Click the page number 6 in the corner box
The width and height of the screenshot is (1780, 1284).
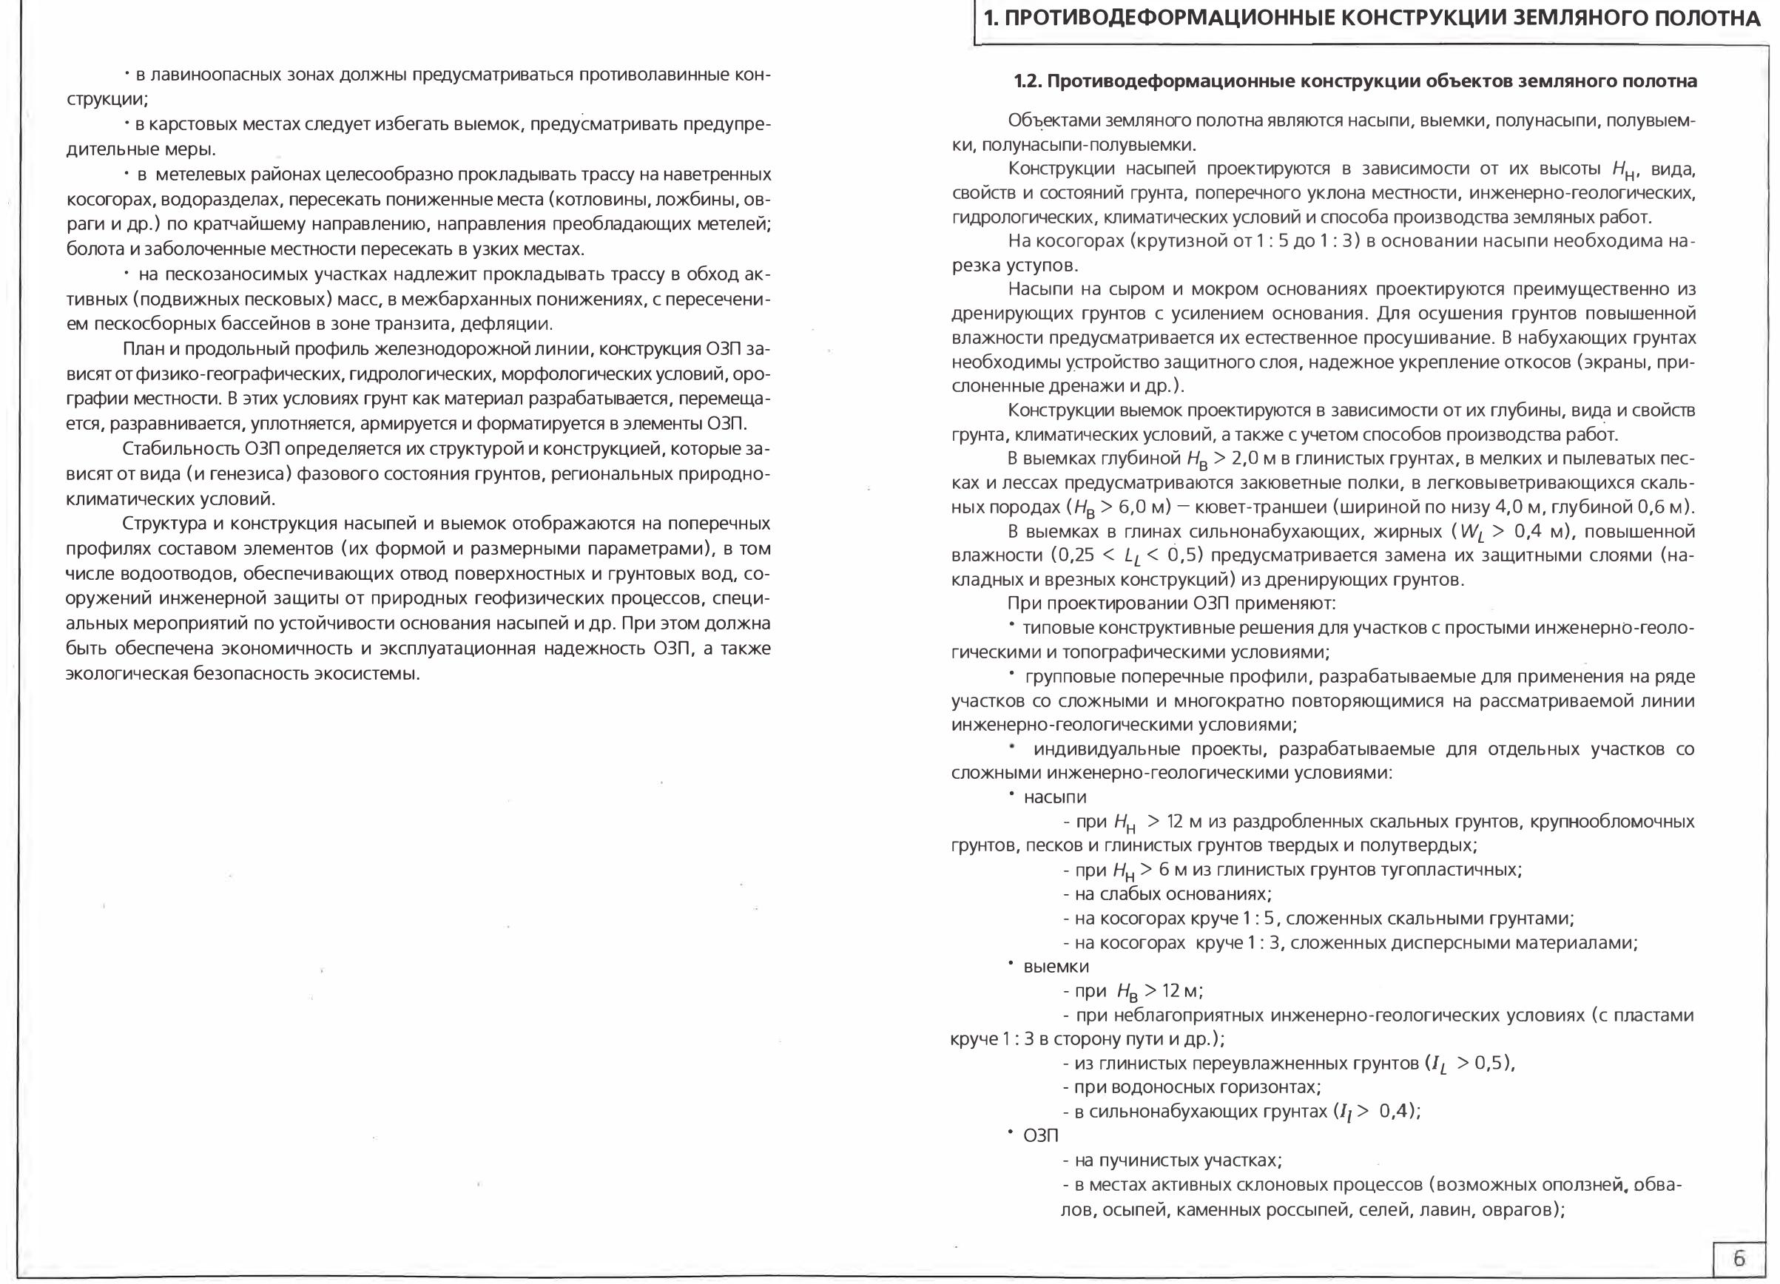point(1739,1258)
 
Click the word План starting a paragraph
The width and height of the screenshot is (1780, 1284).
point(144,349)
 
